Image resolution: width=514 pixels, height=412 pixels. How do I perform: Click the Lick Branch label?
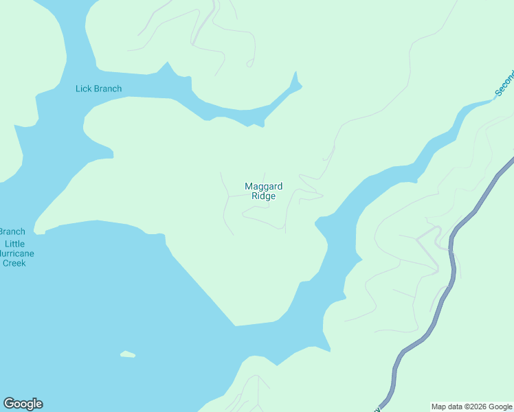(x=98, y=89)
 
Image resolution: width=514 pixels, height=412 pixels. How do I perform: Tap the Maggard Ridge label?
(x=263, y=191)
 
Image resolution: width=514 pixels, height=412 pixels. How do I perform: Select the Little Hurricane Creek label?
(x=14, y=253)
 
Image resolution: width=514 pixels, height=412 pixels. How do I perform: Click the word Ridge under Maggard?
(x=263, y=196)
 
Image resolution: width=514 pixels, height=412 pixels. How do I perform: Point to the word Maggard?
(x=263, y=186)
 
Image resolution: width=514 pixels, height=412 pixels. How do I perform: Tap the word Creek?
(x=14, y=263)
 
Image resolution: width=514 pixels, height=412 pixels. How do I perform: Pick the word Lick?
(x=82, y=89)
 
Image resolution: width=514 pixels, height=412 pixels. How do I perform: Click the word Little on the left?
(x=14, y=244)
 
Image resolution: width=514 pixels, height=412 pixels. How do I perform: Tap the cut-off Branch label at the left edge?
(x=12, y=231)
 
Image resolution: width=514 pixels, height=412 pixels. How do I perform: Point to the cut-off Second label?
(x=504, y=83)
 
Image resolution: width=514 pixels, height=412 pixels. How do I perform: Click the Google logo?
(x=23, y=404)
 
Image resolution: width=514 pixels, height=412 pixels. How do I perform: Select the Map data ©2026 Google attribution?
(x=471, y=407)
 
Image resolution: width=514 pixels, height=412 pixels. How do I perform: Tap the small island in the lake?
(x=128, y=354)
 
